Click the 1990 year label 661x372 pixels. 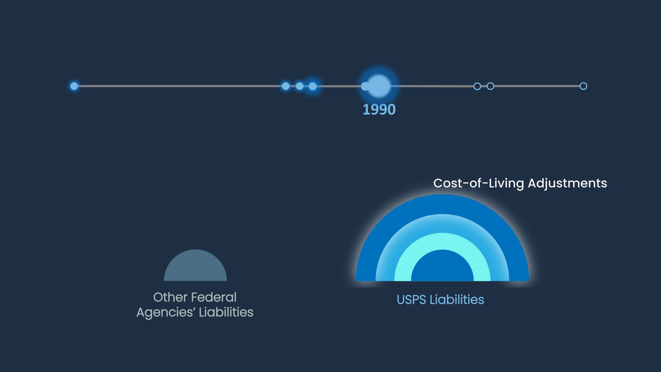[379, 110]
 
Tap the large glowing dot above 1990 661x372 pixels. [379, 86]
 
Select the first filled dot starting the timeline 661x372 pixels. [74, 86]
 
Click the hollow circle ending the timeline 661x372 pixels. [583, 86]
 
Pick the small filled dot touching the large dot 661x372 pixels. [365, 86]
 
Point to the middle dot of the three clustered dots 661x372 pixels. [299, 86]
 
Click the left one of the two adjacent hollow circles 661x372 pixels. [477, 86]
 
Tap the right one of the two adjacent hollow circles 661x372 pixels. [490, 86]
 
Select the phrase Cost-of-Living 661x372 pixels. [478, 183]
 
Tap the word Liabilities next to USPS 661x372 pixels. [457, 300]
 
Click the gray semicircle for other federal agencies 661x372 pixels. [195, 267]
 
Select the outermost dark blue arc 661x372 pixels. [442, 204]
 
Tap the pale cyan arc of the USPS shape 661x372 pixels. [442, 241]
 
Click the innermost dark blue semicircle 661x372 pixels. [442, 267]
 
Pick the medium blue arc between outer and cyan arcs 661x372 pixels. [442, 223]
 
